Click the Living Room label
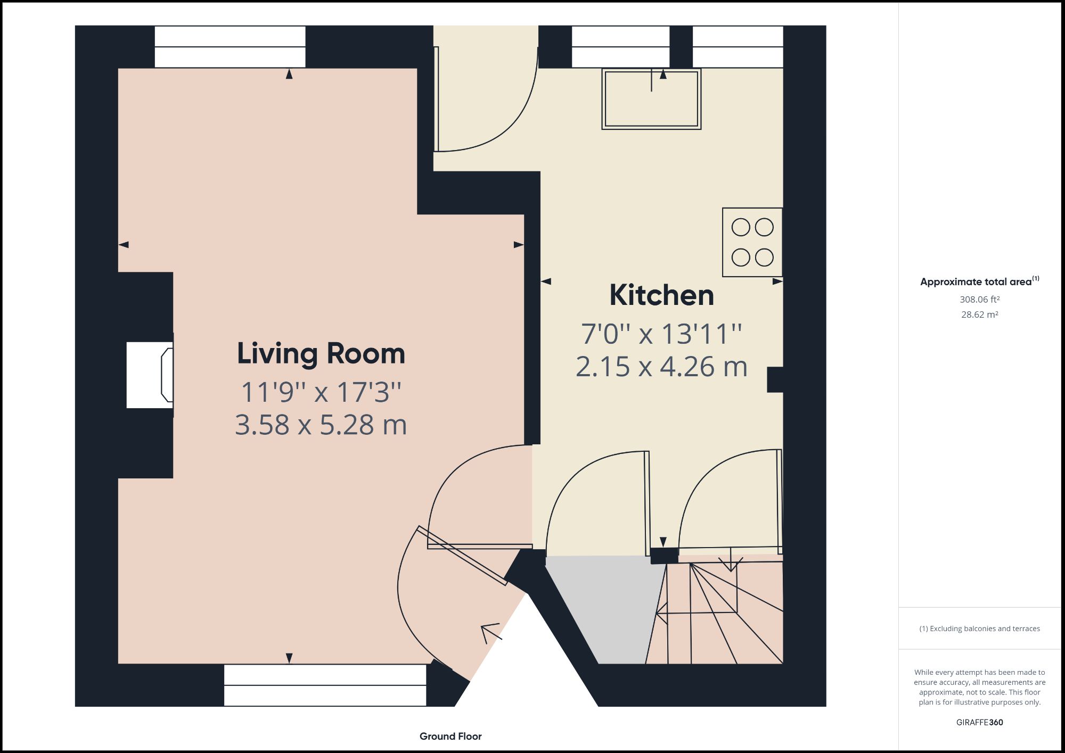point(321,354)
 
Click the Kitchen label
point(661,295)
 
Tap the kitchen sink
point(651,100)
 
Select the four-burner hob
point(752,242)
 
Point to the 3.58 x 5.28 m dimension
point(321,425)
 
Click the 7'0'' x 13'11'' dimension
point(661,334)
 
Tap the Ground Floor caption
point(450,736)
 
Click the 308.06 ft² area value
point(979,300)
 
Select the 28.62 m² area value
point(979,315)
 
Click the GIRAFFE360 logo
point(979,722)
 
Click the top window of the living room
point(230,47)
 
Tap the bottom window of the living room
point(325,685)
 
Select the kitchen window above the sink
point(620,47)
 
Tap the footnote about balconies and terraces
point(979,628)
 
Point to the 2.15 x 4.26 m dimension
point(661,367)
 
